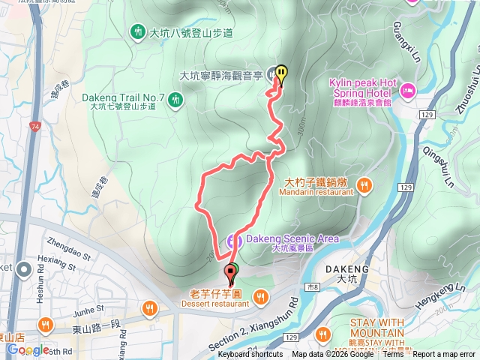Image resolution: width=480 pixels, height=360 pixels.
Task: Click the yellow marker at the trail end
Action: (x=281, y=73)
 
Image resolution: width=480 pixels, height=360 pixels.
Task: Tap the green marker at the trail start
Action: (x=229, y=271)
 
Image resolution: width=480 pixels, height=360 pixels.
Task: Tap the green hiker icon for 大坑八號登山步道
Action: (x=137, y=32)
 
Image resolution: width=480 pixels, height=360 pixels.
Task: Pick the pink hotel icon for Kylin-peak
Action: (x=408, y=91)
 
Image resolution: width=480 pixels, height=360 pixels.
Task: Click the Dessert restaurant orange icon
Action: (x=260, y=298)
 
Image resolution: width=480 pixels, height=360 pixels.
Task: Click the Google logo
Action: (x=28, y=350)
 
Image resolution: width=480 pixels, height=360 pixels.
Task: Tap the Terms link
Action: (x=392, y=355)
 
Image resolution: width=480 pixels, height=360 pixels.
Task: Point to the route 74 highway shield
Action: (x=36, y=127)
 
